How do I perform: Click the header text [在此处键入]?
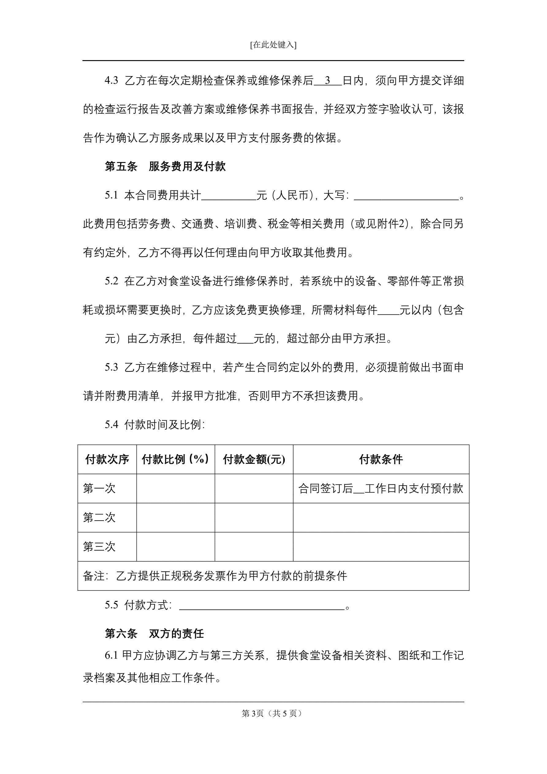273,45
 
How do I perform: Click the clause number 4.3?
111,81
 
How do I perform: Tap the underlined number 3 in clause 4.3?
327,81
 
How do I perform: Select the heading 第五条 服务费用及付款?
165,167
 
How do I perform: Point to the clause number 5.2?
111,281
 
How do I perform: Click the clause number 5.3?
111,367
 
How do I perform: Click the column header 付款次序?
107,460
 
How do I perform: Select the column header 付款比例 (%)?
176,460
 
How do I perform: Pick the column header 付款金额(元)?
254,460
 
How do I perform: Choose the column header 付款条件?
381,460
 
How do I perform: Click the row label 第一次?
99,488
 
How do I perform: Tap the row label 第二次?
99,518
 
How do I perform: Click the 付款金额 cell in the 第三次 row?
254,546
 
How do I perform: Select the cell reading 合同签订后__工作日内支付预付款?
381,488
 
